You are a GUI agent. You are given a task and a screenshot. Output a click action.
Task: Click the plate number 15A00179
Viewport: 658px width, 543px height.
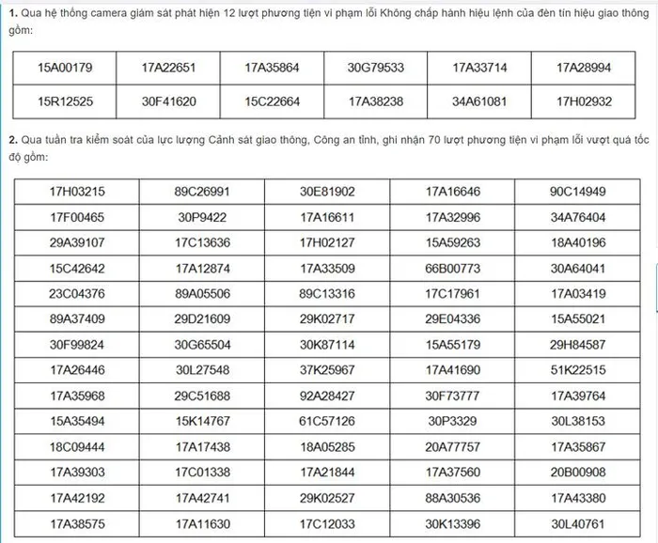(64, 68)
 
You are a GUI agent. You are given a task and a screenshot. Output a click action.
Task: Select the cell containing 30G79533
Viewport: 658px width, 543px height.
(375, 68)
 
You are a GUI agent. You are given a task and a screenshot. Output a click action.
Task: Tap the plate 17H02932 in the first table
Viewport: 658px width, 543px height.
(583, 101)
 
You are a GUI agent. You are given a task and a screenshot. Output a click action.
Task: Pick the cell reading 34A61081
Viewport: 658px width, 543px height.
(479, 101)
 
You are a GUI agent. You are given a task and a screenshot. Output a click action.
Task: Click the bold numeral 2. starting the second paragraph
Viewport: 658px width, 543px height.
(13, 141)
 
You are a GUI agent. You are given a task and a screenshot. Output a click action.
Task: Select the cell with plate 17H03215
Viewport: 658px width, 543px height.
(77, 193)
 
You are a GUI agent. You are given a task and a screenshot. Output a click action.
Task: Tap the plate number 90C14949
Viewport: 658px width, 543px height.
(578, 193)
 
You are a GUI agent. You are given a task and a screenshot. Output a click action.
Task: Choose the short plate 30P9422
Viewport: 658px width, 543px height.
(202, 218)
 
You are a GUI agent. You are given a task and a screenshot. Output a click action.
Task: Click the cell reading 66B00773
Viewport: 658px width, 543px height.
(452, 269)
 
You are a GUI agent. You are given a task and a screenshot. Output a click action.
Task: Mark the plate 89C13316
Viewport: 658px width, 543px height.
(327, 293)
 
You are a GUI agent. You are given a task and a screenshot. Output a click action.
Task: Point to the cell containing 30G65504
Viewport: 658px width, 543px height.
(202, 345)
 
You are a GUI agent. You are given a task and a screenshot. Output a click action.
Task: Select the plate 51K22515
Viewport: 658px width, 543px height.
(578, 370)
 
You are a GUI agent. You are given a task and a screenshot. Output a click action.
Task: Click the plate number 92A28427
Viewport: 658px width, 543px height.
(327, 396)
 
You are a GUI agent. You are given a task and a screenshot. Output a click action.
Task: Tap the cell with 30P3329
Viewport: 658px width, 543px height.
(452, 421)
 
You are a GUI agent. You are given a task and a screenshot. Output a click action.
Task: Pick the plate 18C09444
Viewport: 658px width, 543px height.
(77, 446)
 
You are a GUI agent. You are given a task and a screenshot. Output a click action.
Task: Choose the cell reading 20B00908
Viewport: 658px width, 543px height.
(578, 472)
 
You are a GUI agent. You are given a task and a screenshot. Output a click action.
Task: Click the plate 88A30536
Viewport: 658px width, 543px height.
(452, 497)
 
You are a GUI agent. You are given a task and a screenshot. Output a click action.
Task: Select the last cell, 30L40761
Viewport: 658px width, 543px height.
(578, 522)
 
